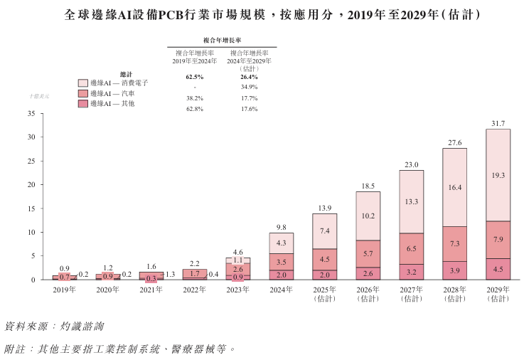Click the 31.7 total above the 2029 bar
pyautogui.click(x=498, y=123)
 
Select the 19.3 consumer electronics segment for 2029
pyautogui.click(x=498, y=175)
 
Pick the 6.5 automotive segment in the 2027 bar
pyautogui.click(x=412, y=248)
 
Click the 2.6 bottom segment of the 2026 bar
pyautogui.click(x=368, y=273)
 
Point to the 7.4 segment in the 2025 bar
pyautogui.click(x=325, y=231)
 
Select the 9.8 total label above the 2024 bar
pyautogui.click(x=281, y=227)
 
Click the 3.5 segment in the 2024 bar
pyautogui.click(x=281, y=263)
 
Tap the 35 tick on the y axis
pyautogui.click(x=31, y=113)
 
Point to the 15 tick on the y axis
pyautogui.click(x=31, y=208)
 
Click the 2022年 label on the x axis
pyautogui.click(x=194, y=290)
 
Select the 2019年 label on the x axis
pyautogui.click(x=64, y=290)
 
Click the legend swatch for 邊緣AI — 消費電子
pyautogui.click(x=82, y=83)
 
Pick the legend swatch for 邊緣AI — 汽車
pyautogui.click(x=82, y=93)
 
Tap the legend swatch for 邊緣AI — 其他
pyautogui.click(x=82, y=104)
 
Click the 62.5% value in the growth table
pyautogui.click(x=195, y=76)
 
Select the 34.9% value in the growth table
pyautogui.click(x=249, y=87)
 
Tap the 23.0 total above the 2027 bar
pyautogui.click(x=412, y=164)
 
